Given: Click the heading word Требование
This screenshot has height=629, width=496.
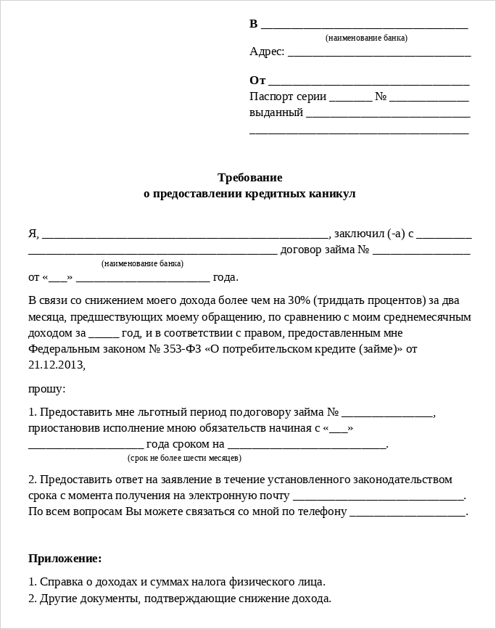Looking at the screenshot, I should (250, 177).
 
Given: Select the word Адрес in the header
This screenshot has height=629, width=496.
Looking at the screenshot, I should (266, 52).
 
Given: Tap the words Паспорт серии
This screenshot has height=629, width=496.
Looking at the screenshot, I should (288, 96).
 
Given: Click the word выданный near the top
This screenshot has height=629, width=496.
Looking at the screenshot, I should (276, 112).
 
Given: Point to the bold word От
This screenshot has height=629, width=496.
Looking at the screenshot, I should (257, 81).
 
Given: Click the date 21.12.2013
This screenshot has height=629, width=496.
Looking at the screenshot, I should (56, 365).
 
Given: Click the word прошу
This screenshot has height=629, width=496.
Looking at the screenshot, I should (46, 389).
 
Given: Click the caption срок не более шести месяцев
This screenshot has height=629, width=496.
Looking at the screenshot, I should (184, 459).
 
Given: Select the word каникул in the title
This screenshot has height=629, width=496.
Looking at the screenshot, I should (331, 194).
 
